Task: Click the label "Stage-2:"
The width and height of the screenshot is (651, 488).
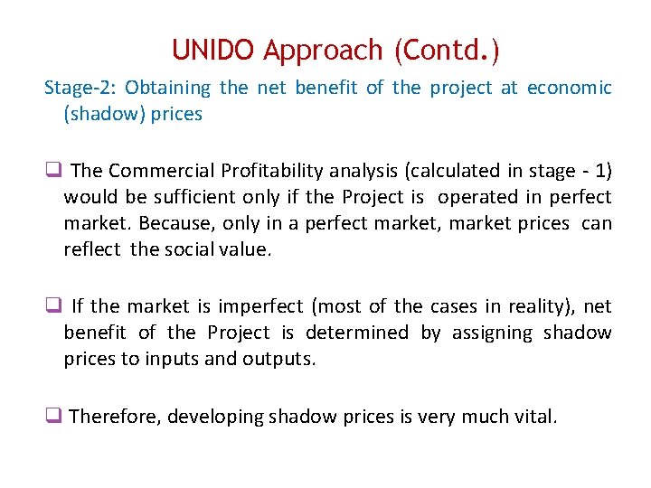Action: (x=80, y=88)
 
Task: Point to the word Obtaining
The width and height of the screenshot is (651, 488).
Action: (x=167, y=88)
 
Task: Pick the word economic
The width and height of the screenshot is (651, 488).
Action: (x=569, y=88)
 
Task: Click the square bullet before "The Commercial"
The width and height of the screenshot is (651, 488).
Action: (x=52, y=170)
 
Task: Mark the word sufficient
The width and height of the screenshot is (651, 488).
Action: (x=184, y=197)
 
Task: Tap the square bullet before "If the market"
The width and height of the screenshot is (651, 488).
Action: (x=52, y=305)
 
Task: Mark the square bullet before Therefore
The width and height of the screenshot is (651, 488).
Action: (x=52, y=417)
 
